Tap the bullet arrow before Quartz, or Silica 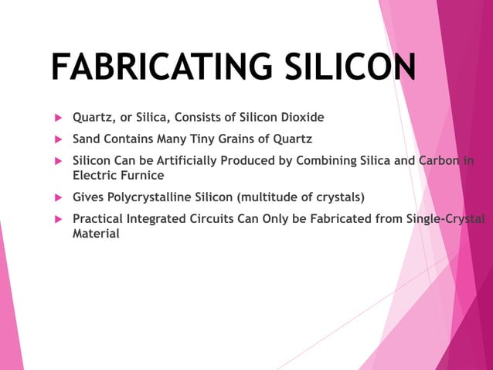coord(56,118)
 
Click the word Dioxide coord(301,118)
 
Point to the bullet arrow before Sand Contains coord(56,140)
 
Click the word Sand coord(87,140)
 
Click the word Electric coord(92,175)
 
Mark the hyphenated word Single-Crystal coord(445,219)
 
